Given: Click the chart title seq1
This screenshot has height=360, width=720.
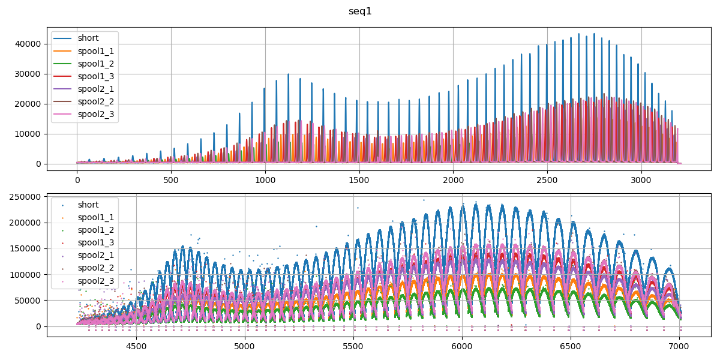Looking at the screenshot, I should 360,11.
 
